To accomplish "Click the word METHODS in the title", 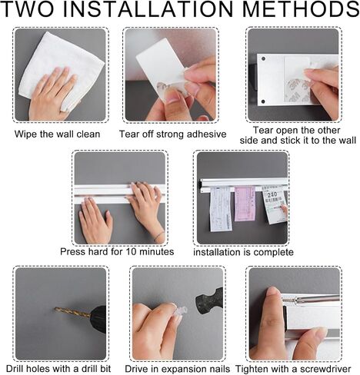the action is [301, 9].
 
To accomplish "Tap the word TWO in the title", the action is [28, 9].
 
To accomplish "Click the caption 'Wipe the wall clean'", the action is [57, 134].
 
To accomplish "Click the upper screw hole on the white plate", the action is [263, 59].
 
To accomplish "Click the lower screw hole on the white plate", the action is [263, 101].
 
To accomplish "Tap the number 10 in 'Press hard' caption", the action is [132, 251].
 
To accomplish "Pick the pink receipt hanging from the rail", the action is [245, 204].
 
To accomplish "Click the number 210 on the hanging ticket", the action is [272, 194].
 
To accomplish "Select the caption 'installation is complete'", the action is [243, 252].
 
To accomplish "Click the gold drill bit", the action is [72, 313].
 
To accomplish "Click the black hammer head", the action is [209, 302].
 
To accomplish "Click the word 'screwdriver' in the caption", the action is [325, 369].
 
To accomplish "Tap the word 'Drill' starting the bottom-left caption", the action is [15, 369].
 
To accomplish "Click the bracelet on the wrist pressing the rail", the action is [159, 236].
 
